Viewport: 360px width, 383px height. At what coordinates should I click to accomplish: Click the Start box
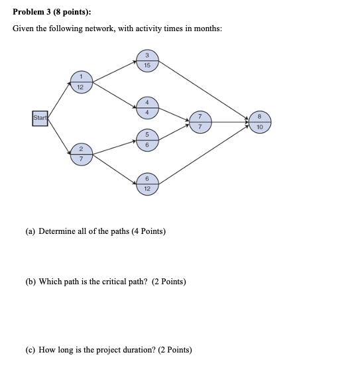point(40,119)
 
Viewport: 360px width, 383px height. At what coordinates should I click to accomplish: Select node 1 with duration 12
point(80,82)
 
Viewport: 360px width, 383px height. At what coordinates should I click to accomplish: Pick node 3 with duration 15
point(147,60)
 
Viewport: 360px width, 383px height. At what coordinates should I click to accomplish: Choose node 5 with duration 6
point(147,140)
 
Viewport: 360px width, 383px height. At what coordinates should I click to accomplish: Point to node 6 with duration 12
point(147,184)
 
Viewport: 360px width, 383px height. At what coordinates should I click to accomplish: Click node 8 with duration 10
point(259,121)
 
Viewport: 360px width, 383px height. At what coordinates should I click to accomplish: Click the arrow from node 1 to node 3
point(113,72)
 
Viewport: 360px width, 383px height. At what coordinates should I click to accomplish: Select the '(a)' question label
point(30,231)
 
